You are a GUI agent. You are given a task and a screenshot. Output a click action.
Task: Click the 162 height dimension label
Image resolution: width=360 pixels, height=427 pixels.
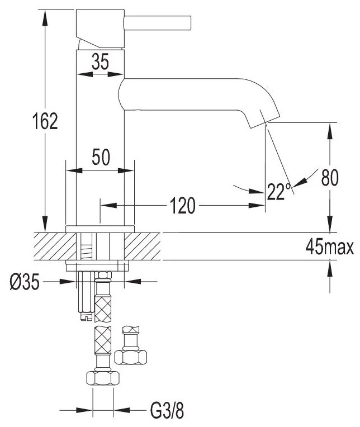tap(45, 121)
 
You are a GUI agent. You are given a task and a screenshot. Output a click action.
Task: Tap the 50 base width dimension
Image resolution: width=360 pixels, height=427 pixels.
tap(101, 158)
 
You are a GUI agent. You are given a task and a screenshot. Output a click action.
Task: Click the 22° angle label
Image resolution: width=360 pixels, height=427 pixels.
tap(278, 192)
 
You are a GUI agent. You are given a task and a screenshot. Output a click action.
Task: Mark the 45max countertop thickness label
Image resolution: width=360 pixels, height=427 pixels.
tap(330, 246)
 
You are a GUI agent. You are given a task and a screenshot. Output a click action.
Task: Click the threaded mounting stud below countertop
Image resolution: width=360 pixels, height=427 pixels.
tap(86, 296)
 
